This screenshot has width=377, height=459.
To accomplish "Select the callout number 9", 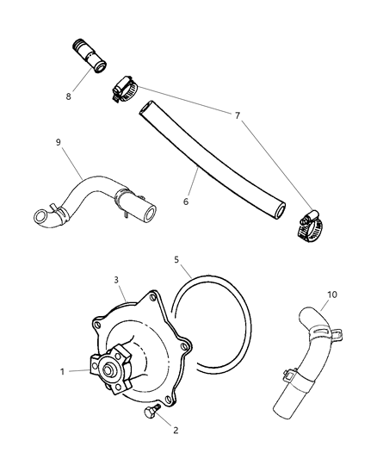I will pyautogui.click(x=59, y=143).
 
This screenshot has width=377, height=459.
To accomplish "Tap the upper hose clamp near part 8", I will pyautogui.click(x=124, y=87).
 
